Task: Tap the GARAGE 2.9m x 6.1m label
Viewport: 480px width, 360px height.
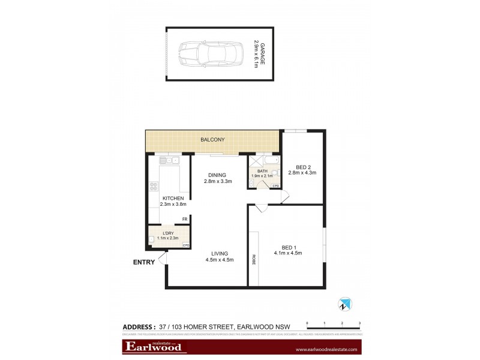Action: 258,54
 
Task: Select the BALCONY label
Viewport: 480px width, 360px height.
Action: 213,140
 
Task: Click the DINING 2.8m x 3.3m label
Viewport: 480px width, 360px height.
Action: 218,178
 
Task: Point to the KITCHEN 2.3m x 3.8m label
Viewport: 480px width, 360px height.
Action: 173,202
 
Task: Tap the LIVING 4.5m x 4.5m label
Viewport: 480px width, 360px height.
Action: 219,256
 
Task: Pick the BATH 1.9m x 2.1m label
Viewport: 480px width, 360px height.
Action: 263,173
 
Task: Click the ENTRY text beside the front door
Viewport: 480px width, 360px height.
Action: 145,262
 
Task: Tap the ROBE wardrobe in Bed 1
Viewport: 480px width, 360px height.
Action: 254,260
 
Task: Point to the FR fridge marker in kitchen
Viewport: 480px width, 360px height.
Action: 185,219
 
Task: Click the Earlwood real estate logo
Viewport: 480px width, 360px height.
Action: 155,347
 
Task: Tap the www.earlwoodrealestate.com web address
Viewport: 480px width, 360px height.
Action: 326,349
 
